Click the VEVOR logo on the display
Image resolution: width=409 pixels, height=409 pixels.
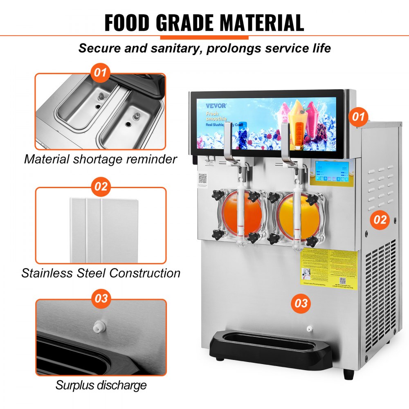pos(216,106)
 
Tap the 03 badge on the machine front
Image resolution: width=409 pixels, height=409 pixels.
pos(301,303)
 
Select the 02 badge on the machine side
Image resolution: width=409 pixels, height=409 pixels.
pos(380,220)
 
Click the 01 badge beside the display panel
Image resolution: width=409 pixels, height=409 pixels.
pos(358,117)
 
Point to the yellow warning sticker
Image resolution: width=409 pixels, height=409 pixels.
pos(329,267)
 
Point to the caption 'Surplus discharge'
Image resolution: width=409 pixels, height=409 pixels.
pos(101,385)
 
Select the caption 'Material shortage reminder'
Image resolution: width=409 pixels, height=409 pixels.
pos(101,159)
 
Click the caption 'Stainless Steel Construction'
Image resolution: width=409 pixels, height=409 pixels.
pos(101,273)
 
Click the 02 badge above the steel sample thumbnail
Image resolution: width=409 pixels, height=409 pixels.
pos(101,187)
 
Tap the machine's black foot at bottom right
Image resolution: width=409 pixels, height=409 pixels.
pos(348,374)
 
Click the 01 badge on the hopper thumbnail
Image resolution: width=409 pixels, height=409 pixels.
pos(101,74)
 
